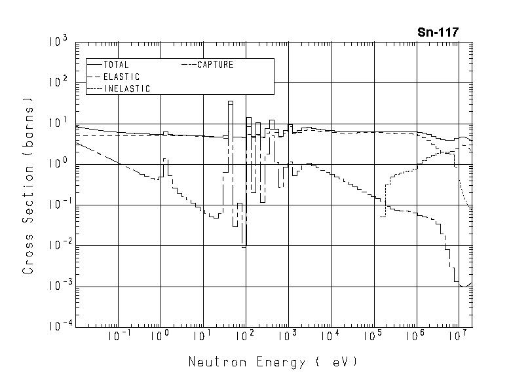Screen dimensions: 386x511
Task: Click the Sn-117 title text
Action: pos(438,31)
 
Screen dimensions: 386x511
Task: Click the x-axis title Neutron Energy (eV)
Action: pos(273,362)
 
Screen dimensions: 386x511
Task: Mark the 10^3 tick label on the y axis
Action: pos(58,43)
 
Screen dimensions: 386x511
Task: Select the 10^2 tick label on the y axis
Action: pos(58,83)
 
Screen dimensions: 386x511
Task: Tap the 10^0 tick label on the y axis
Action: pos(58,164)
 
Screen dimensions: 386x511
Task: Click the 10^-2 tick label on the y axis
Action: pos(57,245)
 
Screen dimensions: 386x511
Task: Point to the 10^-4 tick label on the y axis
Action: pos(57,326)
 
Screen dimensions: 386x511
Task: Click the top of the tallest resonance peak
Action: pos(231,101)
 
